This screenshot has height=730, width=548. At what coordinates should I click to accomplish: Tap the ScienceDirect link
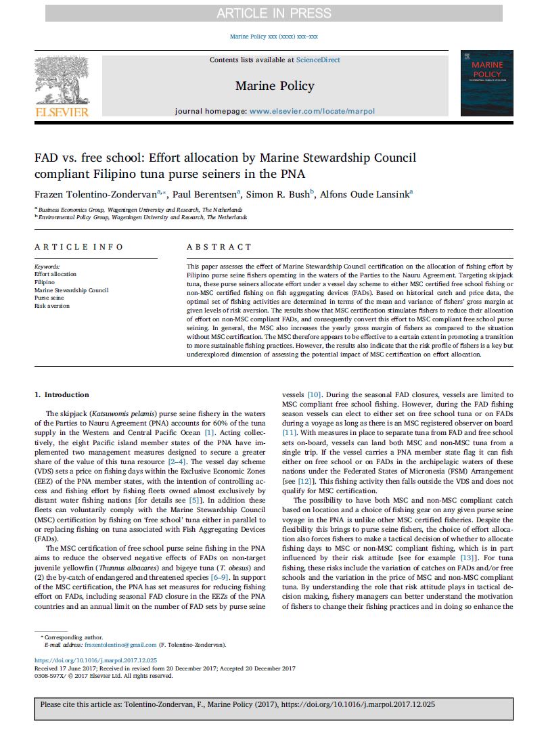point(318,60)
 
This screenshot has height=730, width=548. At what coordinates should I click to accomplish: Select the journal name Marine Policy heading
point(275,85)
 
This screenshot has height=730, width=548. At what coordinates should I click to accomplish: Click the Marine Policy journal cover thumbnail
point(486,83)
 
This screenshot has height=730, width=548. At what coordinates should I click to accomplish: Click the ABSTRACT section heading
point(210,247)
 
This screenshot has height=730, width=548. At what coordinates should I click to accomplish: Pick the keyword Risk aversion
point(51,306)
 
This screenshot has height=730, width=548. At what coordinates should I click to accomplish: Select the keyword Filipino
point(45,282)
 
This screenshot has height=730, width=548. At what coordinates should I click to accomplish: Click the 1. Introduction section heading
point(62,395)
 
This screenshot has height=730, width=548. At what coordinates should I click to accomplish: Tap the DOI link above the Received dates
point(95,660)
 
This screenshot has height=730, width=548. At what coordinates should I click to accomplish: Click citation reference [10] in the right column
point(314,395)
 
